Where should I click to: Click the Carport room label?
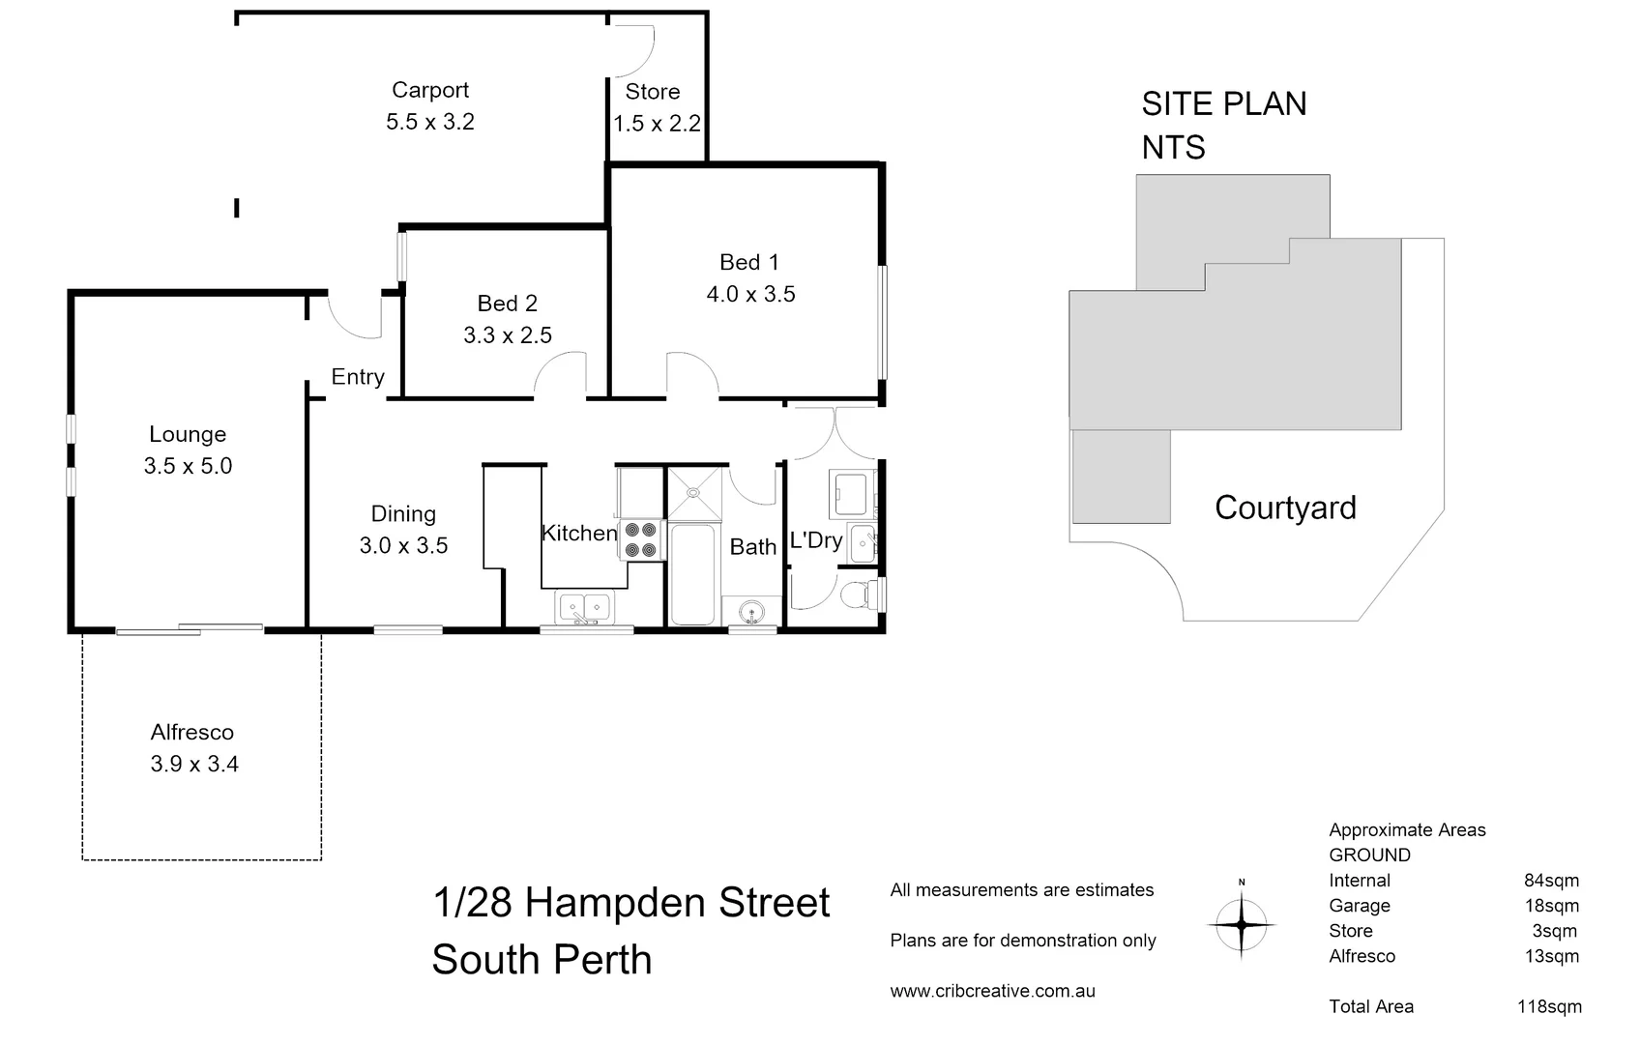coord(430,90)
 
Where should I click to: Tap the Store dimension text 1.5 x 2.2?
coord(657,124)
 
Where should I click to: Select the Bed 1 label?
coord(748,262)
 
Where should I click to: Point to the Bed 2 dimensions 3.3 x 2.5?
coord(508,335)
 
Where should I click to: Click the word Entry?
coord(358,377)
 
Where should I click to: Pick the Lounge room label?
coord(188,434)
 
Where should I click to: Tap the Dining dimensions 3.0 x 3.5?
coord(403,545)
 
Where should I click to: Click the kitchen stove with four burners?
coord(640,540)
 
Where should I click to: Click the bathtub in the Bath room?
coord(692,574)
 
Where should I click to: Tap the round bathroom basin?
coord(750,611)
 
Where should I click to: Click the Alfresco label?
coord(192,733)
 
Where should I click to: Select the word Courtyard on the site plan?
coord(1285,507)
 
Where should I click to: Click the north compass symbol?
coord(1242,924)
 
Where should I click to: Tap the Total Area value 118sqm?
coord(1549,1006)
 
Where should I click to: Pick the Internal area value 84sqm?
coord(1551,881)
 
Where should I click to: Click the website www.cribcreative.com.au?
coord(992,991)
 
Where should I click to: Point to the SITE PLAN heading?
coord(1223,104)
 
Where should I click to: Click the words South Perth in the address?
coord(542,960)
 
